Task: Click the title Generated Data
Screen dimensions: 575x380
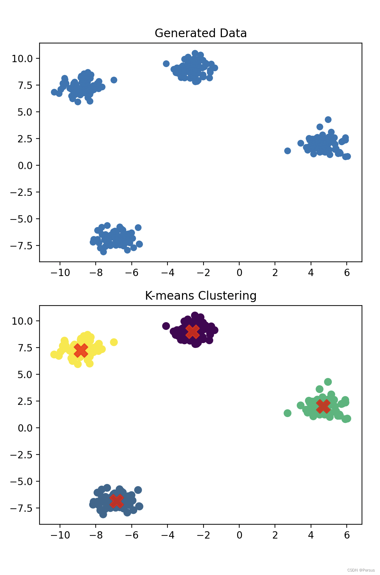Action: [x=200, y=33]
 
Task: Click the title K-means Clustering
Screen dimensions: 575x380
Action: [x=200, y=296]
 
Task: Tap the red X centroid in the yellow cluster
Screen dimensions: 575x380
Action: [x=81, y=350]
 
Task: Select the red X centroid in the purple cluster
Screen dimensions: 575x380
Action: [x=192, y=332]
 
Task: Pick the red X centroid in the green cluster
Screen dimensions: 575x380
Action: [x=323, y=406]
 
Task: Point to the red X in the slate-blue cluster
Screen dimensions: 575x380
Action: [x=116, y=501]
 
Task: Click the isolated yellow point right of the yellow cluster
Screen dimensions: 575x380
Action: [x=114, y=342]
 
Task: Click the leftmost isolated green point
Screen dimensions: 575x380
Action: [x=287, y=413]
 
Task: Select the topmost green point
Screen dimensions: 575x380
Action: [x=328, y=382]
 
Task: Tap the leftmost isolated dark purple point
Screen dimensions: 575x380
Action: [x=166, y=326]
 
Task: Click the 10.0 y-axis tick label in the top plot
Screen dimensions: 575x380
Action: [x=22, y=59]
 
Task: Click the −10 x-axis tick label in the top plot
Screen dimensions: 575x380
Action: [x=60, y=273]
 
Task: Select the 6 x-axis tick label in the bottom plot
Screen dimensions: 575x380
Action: [x=347, y=535]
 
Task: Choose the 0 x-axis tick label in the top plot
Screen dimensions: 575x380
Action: [x=239, y=273]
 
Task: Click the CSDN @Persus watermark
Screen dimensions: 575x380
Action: [x=361, y=570]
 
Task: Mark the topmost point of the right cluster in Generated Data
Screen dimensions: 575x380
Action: [x=328, y=119]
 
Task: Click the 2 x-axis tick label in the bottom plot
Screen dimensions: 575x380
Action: [x=275, y=535]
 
